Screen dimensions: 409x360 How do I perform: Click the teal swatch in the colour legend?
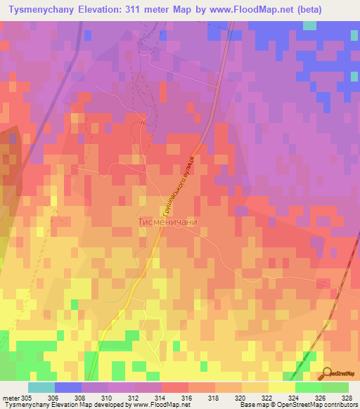(x=41, y=387)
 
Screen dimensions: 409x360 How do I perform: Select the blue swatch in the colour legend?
(x=67, y=387)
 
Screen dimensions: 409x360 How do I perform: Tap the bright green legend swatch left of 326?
(x=308, y=387)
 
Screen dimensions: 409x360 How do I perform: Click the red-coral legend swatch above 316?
(x=174, y=387)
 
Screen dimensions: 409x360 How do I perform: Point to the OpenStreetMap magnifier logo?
(x=328, y=373)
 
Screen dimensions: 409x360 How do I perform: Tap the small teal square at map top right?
(x=309, y=25)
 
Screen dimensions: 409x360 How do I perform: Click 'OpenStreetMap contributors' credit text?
(x=309, y=405)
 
